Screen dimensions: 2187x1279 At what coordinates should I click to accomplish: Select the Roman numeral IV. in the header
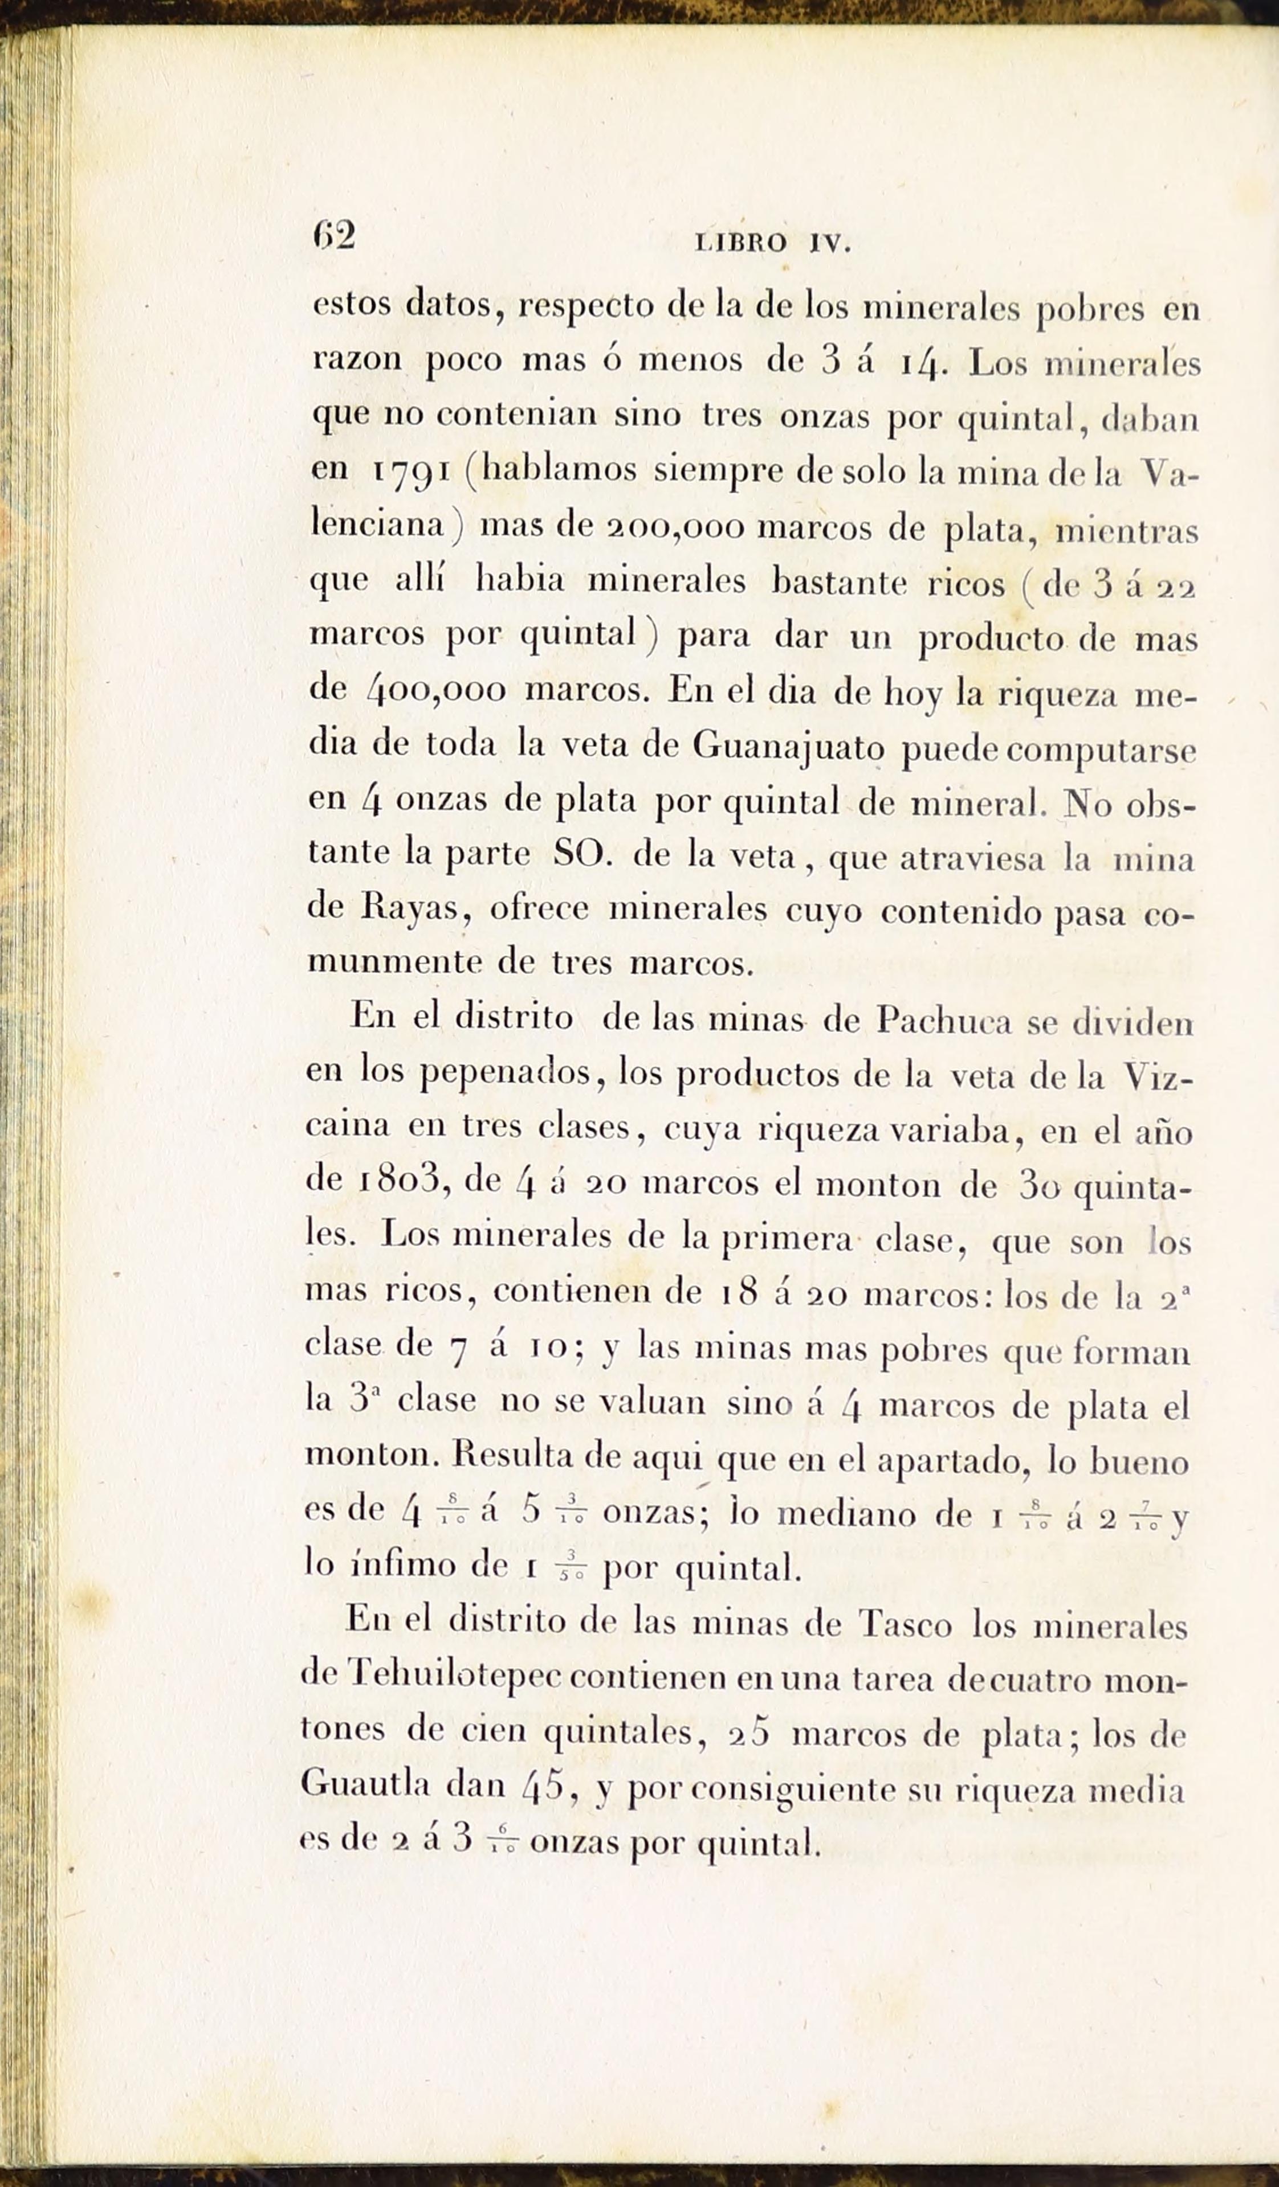tap(830, 245)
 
